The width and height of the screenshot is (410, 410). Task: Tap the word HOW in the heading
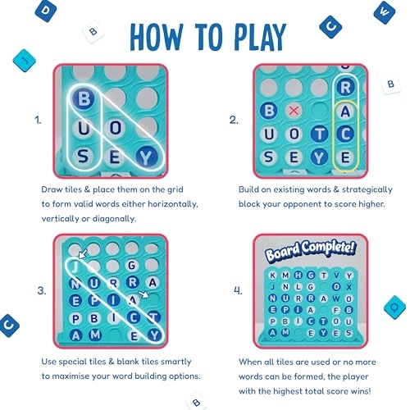pos(156,38)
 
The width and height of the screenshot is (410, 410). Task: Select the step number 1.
pos(38,120)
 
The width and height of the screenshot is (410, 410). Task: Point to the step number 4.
pos(238,290)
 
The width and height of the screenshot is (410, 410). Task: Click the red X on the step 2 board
pos(294,111)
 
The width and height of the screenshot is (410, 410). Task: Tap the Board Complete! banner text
pos(311,250)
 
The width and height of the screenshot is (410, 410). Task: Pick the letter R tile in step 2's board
pos(345,88)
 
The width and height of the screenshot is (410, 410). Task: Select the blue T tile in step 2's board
pos(320,134)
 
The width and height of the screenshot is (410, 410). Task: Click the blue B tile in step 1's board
pos(84,98)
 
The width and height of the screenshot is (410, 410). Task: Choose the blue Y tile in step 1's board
pos(147,157)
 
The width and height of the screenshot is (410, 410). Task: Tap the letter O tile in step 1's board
pos(116,128)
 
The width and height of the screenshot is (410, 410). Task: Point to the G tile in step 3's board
pos(132,265)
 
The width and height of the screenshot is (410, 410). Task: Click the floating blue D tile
pos(46,11)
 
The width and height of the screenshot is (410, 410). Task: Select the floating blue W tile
pos(384,12)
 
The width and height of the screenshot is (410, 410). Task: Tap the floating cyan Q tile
pos(394,307)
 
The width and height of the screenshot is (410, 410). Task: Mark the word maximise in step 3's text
pos(71,376)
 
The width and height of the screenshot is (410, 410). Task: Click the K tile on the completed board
pos(272,276)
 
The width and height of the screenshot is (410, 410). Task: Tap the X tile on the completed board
pos(348,287)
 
